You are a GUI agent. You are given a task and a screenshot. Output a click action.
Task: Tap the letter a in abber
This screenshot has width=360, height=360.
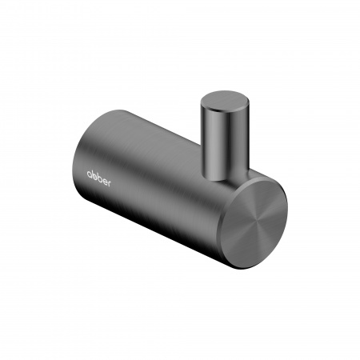[90, 174]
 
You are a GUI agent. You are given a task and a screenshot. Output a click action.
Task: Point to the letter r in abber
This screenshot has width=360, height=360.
[109, 184]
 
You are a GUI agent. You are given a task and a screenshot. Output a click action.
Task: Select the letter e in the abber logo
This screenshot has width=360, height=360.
[105, 182]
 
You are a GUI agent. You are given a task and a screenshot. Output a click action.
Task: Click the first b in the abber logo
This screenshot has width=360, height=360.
[94, 175]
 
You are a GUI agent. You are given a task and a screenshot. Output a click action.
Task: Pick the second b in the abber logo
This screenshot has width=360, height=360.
[99, 178]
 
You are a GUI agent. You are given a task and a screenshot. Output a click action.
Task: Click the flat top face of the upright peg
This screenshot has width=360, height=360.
[225, 100]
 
